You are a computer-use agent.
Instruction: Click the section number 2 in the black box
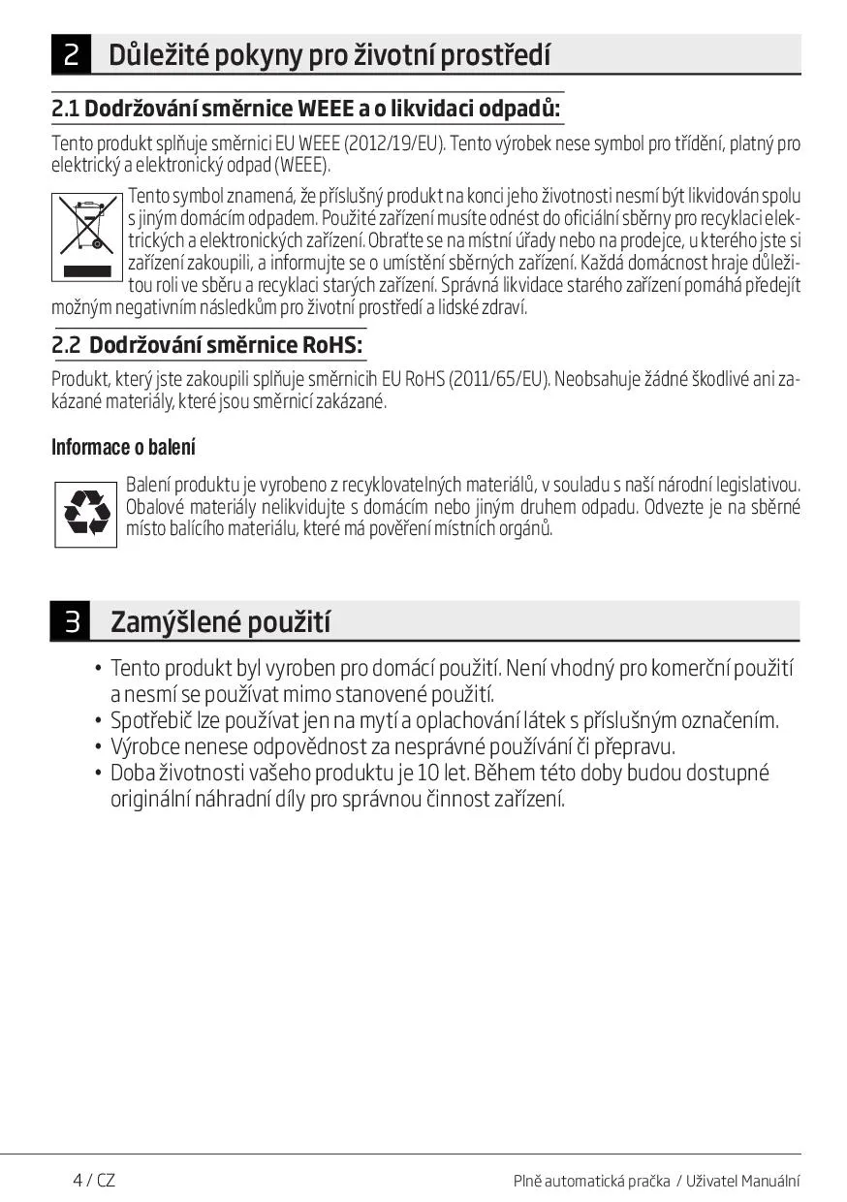click(72, 54)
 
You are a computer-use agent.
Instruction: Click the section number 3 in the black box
click(72, 621)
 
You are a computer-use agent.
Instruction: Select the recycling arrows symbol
click(86, 514)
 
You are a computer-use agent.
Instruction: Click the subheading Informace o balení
click(123, 447)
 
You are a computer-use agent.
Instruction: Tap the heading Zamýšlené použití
click(220, 621)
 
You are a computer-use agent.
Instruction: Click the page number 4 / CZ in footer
click(94, 1180)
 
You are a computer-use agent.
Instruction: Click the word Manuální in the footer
click(771, 1181)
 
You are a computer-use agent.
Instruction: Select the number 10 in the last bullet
click(428, 774)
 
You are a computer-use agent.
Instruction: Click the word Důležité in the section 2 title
click(152, 54)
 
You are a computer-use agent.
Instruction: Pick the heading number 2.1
click(65, 108)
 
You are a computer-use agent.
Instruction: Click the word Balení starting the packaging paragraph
click(147, 484)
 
